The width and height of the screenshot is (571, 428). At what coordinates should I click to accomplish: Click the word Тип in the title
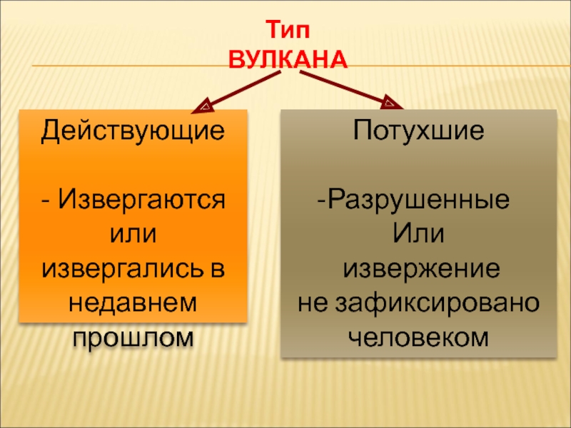click(289, 31)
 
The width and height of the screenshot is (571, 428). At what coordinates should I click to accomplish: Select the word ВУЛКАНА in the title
click(288, 59)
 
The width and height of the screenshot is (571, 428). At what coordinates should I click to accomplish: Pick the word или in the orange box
click(133, 233)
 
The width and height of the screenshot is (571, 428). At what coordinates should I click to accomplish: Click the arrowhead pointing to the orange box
click(202, 106)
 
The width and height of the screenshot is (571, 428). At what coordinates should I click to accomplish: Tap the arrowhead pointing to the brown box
click(391, 104)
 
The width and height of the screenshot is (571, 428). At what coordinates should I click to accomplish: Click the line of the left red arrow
click(239, 91)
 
